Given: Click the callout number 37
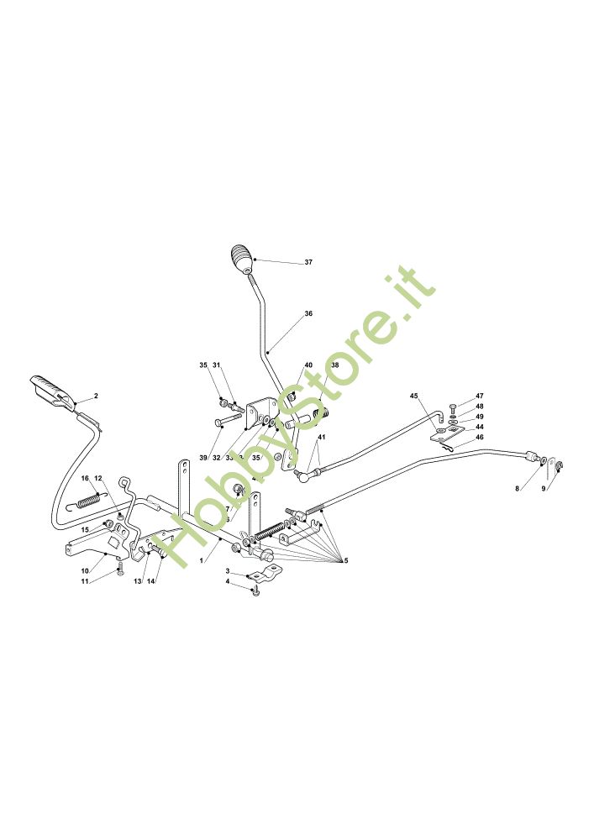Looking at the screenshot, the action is (308, 262).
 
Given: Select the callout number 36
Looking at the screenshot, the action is (308, 313).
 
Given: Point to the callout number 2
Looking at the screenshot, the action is (96, 395).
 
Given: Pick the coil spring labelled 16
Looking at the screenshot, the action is (91, 501).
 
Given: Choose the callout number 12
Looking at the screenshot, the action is (98, 478).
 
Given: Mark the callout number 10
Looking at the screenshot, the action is (84, 570).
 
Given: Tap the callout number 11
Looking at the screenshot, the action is (84, 581).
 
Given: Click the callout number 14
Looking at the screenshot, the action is (151, 581).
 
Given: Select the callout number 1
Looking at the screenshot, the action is (202, 559).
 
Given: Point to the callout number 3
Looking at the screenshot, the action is (227, 571).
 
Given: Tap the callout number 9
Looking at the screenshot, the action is (543, 487).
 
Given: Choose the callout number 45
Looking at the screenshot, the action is (413, 395).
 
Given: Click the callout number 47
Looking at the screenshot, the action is (480, 396).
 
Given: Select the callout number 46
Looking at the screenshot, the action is (480, 437).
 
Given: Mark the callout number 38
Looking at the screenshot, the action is (334, 365).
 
